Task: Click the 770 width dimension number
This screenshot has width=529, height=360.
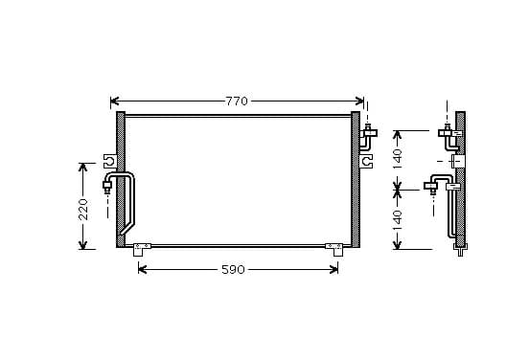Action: (x=237, y=101)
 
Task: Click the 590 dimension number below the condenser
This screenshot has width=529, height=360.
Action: (x=233, y=270)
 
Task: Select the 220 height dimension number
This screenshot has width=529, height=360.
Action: (x=83, y=210)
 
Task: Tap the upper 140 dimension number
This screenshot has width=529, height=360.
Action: (x=398, y=159)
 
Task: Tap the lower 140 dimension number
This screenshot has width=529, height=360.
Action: (x=398, y=220)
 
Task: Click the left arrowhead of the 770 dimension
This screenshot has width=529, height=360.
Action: (x=115, y=101)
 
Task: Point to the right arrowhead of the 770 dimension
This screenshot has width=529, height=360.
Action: (x=359, y=101)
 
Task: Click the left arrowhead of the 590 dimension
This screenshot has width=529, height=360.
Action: (x=143, y=269)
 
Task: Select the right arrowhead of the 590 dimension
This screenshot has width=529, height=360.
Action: (x=333, y=269)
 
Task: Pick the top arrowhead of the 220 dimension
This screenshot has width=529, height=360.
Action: (x=83, y=168)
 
